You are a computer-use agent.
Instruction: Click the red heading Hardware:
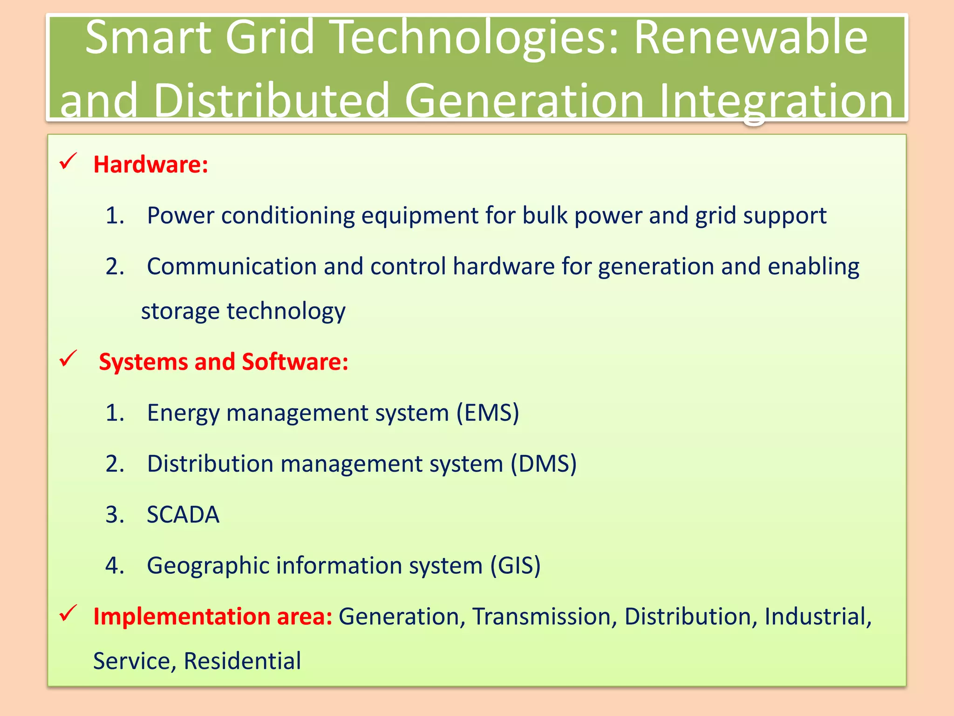point(150,165)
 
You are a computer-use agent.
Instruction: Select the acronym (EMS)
point(488,413)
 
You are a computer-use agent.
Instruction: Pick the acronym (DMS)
point(543,464)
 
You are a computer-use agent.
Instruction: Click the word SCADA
point(183,515)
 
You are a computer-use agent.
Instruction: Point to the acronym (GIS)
point(515,565)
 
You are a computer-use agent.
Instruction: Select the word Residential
point(242,661)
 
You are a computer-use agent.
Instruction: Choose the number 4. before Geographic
point(115,565)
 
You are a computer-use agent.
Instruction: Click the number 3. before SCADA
point(115,515)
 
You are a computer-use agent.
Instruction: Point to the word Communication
point(232,266)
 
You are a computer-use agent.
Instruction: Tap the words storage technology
point(243,311)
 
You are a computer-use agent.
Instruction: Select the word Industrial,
point(818,616)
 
